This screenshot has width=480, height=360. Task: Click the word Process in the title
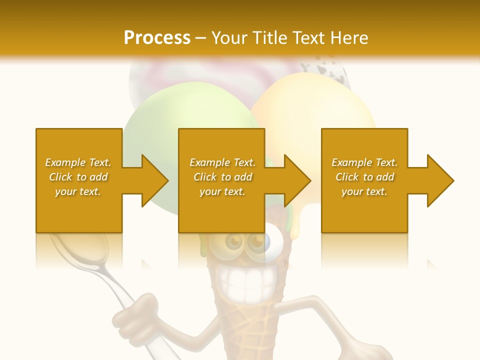pos(157,37)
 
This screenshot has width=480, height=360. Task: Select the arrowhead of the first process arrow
pos(153,180)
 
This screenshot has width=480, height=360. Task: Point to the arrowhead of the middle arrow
pos(296,180)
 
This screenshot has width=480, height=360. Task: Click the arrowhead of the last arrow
pos(439,180)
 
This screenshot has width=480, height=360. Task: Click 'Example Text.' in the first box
pos(78,162)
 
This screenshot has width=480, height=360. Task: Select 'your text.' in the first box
pos(78,191)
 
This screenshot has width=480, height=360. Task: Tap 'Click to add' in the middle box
pos(222,177)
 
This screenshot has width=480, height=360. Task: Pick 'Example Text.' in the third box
pos(364,162)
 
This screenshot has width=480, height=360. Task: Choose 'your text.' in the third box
pos(364,191)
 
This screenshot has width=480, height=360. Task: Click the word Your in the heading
pos(228,37)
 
